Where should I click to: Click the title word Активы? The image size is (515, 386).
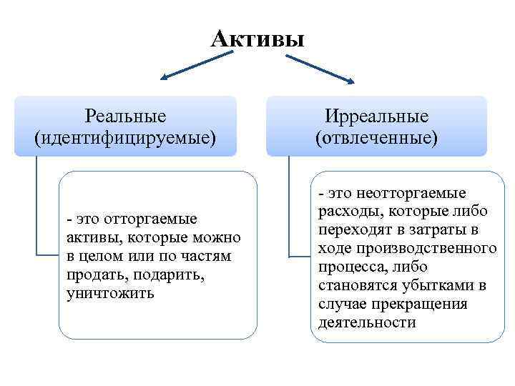click(x=257, y=37)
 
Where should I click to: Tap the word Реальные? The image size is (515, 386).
click(x=125, y=116)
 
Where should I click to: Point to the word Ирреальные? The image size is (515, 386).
click(x=376, y=116)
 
